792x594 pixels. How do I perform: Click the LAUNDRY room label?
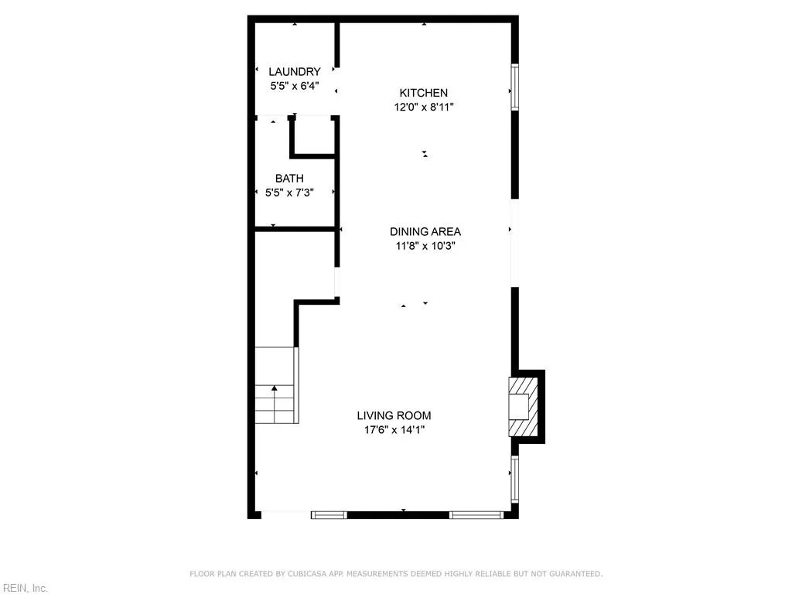click(x=294, y=72)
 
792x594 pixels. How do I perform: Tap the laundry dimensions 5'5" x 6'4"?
click(x=294, y=86)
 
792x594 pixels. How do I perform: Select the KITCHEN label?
click(x=423, y=93)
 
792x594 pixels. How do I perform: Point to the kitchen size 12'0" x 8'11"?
click(x=423, y=108)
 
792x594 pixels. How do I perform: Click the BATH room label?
click(x=289, y=179)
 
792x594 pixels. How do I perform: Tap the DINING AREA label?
click(x=425, y=231)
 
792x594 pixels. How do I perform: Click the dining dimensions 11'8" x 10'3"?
click(x=425, y=246)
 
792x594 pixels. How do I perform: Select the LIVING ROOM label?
click(x=394, y=415)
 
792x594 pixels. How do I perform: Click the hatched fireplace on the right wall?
click(x=522, y=406)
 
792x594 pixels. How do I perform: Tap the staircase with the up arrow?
click(x=275, y=387)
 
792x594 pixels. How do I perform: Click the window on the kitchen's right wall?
click(x=514, y=87)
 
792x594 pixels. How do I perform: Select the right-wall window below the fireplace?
click(x=514, y=480)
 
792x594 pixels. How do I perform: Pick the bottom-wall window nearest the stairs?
click(x=329, y=514)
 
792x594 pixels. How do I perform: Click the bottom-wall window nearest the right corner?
click(x=476, y=514)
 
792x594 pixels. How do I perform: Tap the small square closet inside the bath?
click(x=313, y=137)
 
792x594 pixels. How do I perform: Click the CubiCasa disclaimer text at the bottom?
click(x=396, y=574)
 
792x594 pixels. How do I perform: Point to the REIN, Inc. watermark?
click(x=25, y=589)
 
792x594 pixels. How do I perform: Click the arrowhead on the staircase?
click(x=274, y=389)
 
